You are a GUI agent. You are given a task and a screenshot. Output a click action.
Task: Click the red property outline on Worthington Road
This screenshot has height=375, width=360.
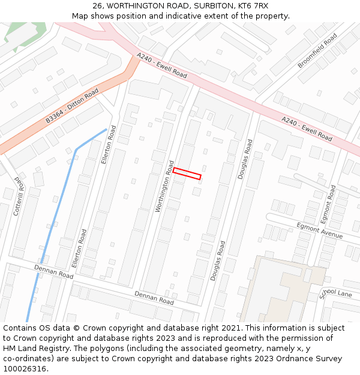point(187,173)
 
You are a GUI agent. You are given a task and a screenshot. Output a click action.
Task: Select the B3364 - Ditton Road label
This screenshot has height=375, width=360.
point(72,107)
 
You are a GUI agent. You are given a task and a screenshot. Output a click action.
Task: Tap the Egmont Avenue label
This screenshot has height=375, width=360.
point(319,230)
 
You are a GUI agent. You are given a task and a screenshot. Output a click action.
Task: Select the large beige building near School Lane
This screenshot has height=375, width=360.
point(279,291)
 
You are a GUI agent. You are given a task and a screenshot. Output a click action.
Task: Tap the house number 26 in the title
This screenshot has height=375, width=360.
point(98,6)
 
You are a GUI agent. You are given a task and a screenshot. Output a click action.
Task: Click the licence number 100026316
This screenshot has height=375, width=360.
point(25,368)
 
